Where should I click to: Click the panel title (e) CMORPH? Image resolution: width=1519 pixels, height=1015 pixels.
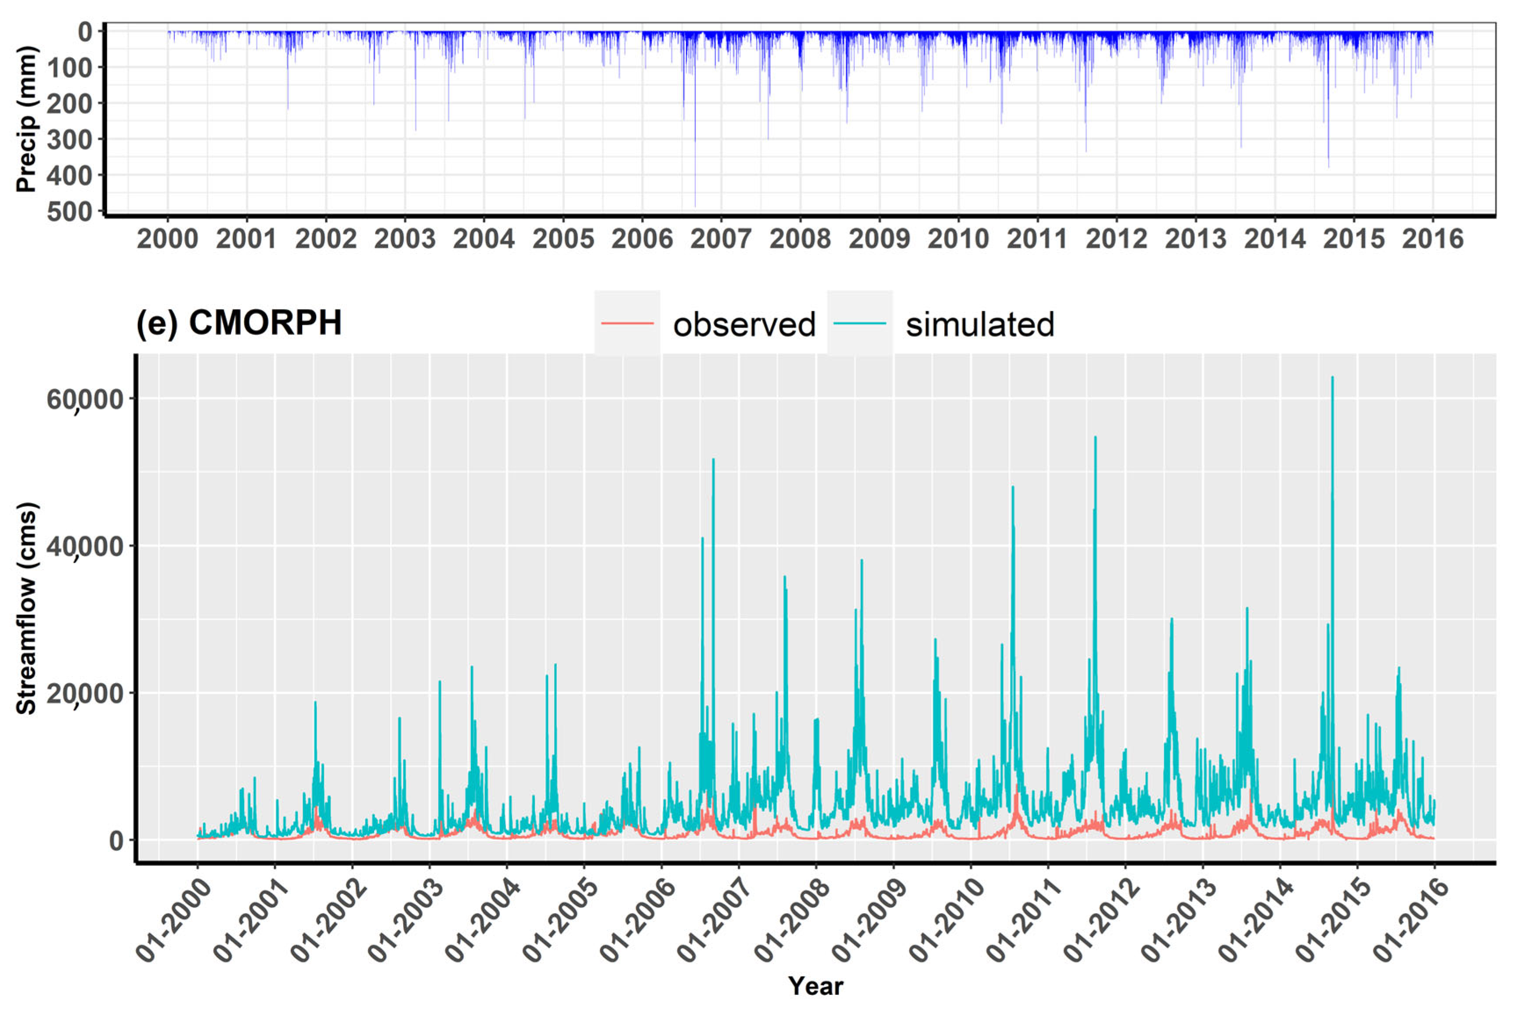[x=238, y=323]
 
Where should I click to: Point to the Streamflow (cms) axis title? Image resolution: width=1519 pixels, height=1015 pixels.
[x=26, y=609]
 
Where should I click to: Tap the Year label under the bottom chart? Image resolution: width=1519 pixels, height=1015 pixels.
[x=815, y=986]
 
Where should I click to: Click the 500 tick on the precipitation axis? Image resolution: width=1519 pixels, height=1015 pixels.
[x=70, y=212]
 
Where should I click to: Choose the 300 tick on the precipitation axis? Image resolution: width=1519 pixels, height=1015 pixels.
[x=70, y=139]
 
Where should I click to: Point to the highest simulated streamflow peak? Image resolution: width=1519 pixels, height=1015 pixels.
[x=1332, y=377]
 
